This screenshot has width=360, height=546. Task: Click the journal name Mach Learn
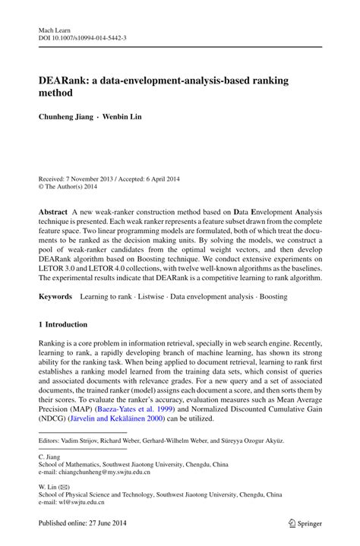pyautogui.click(x=54, y=28)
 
